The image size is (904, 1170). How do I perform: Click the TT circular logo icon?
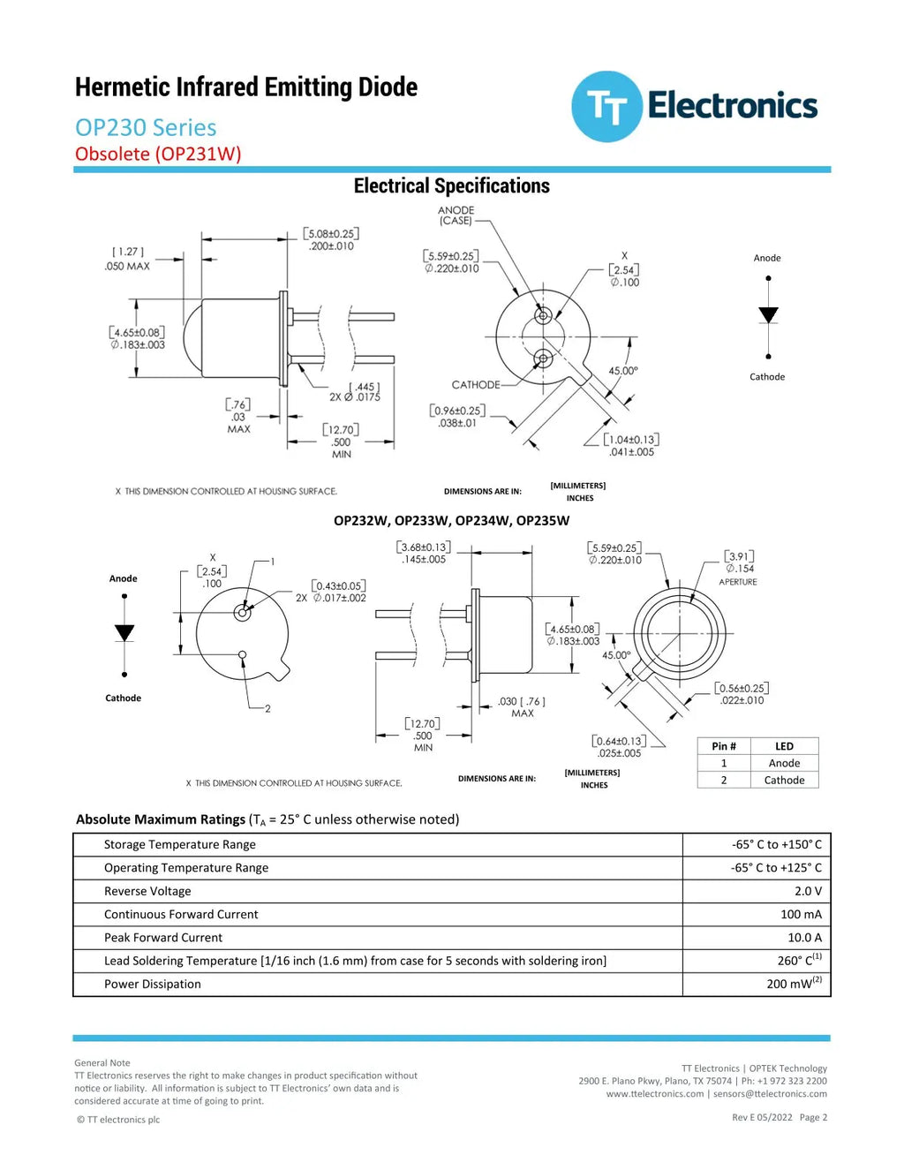pos(607,107)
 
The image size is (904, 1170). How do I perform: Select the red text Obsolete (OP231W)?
pos(158,154)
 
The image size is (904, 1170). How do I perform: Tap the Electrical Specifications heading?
pos(451,185)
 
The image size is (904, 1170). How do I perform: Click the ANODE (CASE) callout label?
pos(456,215)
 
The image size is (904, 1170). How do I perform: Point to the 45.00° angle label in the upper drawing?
pos(623,371)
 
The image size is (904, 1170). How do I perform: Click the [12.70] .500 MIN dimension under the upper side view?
pos(341,442)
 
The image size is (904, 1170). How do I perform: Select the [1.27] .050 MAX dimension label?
pos(127,259)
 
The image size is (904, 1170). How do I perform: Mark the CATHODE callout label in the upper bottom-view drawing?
pos(476,384)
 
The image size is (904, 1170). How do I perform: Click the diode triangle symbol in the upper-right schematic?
pos(768,315)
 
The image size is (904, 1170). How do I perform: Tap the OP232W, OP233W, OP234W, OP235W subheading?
pos(451,521)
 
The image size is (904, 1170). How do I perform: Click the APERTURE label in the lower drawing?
pos(738,582)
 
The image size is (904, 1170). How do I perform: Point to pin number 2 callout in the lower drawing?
pos(267,708)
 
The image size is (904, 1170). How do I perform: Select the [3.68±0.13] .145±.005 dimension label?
pos(424,553)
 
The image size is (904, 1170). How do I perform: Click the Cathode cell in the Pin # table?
pos(784,781)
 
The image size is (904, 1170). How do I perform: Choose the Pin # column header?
pos(724,746)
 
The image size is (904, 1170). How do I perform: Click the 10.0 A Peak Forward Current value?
pos(804,938)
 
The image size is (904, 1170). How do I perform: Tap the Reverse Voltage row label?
pos(147,891)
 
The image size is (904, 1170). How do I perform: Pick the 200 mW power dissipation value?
pos(795,984)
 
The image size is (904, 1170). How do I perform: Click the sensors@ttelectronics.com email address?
pos(770,1093)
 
